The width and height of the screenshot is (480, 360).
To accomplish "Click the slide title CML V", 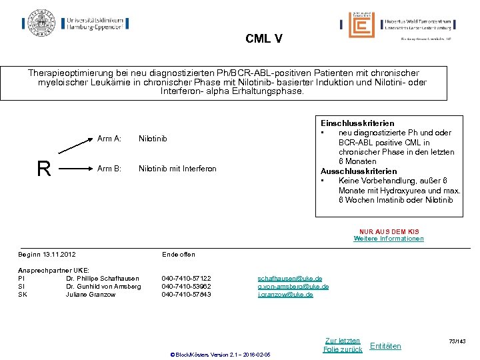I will coord(263,39).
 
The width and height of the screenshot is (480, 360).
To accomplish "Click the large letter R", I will coord(44,169).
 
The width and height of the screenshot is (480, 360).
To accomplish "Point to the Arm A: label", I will coord(109,139).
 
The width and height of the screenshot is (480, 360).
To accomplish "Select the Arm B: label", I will coord(109,169).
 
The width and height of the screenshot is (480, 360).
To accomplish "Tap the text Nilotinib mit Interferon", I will coord(177,169).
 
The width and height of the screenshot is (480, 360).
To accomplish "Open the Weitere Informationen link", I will coord(388,239).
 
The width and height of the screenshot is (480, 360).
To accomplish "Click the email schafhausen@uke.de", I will coord(289,279).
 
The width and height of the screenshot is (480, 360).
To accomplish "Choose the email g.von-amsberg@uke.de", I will coord(293,287).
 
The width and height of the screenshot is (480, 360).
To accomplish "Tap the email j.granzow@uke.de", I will coord(285,295).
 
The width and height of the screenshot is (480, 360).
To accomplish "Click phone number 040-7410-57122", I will coord(186,279).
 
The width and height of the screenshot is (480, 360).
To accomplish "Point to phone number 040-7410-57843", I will coord(186,295).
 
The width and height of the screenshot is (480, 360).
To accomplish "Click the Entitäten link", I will coord(385,345).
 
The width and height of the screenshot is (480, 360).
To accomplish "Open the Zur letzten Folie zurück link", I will coord(342,345).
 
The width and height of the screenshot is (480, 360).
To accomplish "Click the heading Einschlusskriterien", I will coord(357,123).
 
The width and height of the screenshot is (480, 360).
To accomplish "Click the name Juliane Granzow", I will coord(91,295).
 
